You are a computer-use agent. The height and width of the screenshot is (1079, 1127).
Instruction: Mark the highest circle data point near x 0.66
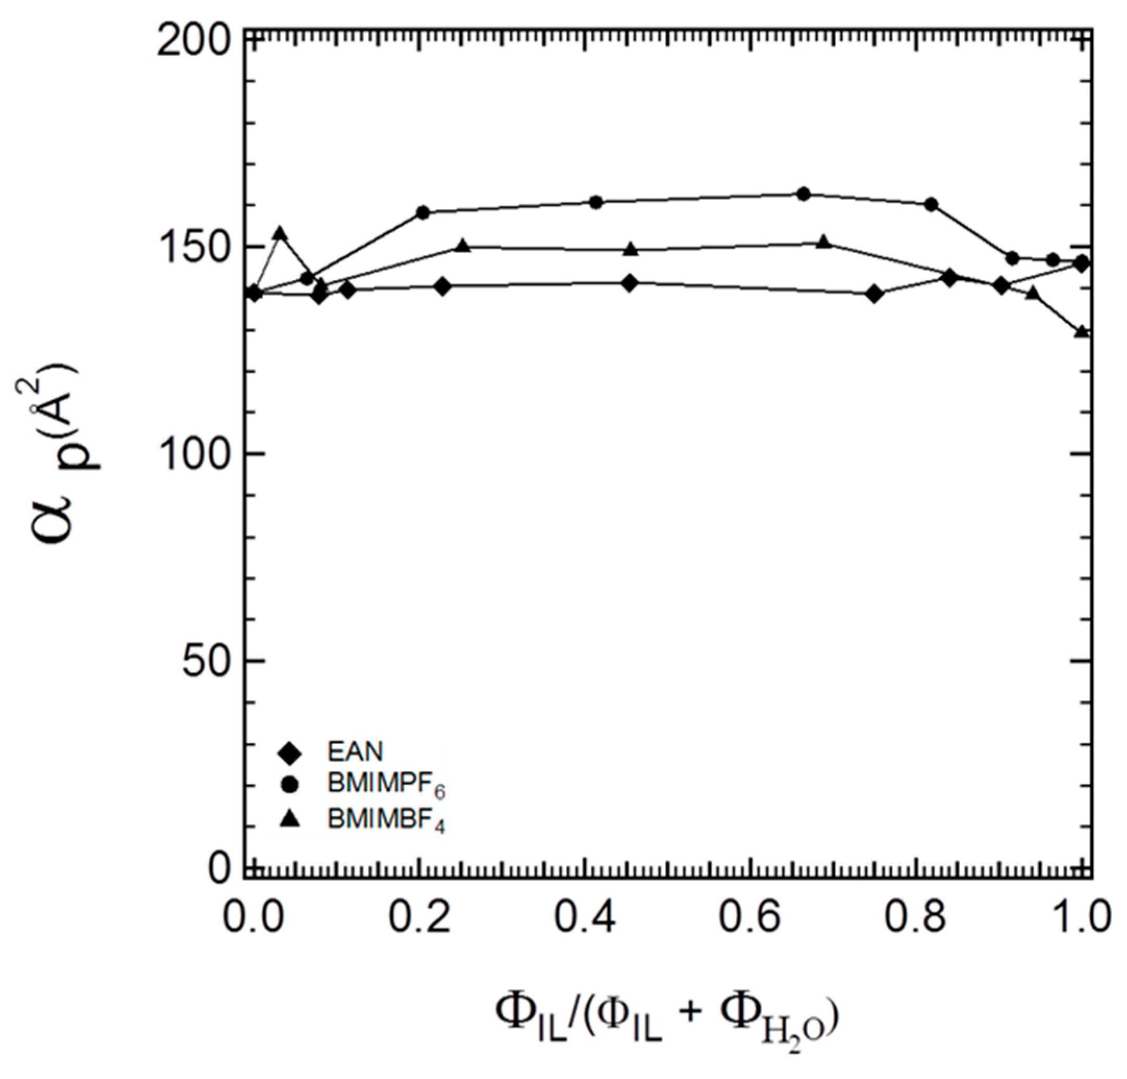pyautogui.click(x=804, y=194)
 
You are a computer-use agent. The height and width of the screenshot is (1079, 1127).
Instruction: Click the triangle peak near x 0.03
pyautogui.click(x=280, y=233)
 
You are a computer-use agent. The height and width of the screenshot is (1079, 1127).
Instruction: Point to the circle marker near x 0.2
pyautogui.click(x=423, y=212)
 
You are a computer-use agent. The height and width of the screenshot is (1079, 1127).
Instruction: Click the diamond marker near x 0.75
pyautogui.click(x=875, y=294)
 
